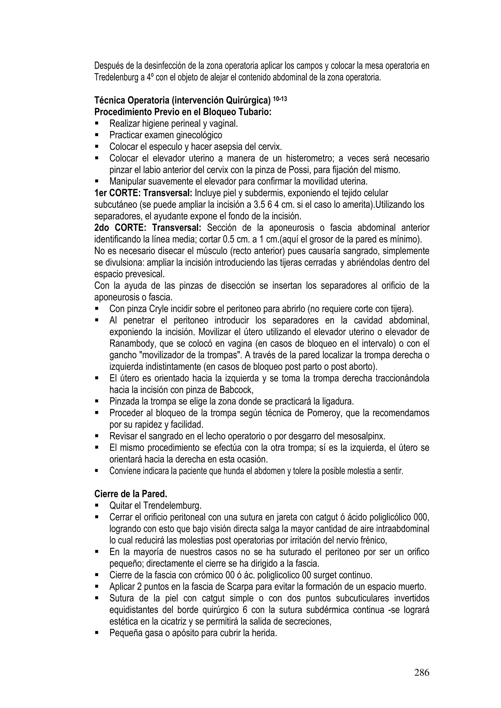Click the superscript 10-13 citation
tap(280, 99)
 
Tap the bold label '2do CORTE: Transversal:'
tap(148, 228)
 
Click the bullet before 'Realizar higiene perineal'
tap(97, 123)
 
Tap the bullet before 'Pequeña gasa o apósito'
tap(97, 633)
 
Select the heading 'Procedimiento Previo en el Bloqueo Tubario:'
tap(183, 112)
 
